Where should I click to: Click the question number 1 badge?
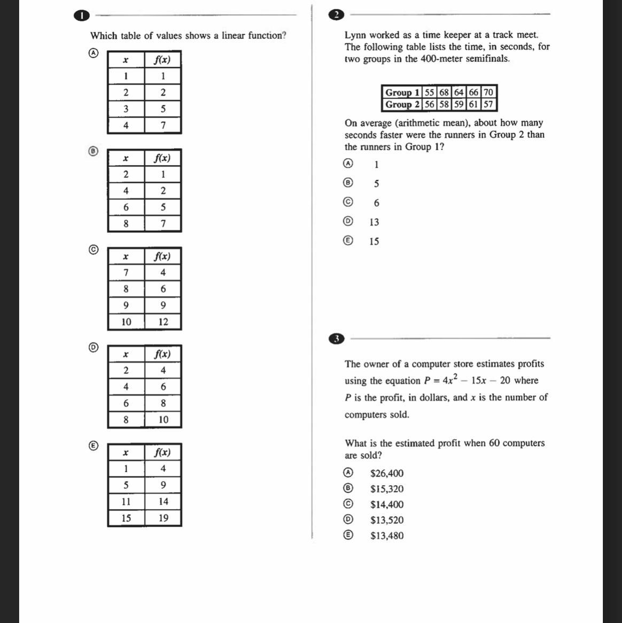point(81,15)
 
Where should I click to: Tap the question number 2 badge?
point(336,15)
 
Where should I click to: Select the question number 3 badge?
point(336,339)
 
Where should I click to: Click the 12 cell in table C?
point(163,322)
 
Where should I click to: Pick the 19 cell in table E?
point(163,518)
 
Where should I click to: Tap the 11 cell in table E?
point(126,501)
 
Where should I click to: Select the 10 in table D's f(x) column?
point(163,419)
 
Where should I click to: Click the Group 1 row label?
point(403,92)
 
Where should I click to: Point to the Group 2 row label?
point(403,104)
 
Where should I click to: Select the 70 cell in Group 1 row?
point(488,92)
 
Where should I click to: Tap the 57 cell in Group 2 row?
point(488,104)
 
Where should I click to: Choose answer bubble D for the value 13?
point(348,221)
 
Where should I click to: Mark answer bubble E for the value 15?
point(348,240)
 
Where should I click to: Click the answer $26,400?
point(387,473)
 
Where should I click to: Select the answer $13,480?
point(387,535)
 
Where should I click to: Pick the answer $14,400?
point(387,504)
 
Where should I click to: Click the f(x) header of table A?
point(162,60)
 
